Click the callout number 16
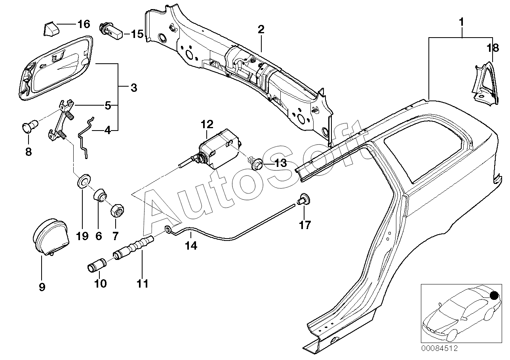pyautogui.click(x=84, y=24)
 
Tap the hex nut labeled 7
pyautogui.click(x=117, y=210)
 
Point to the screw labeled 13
pyautogui.click(x=256, y=163)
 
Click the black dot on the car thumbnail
pyautogui.click(x=495, y=296)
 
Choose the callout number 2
pyautogui.click(x=261, y=29)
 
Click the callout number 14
pyautogui.click(x=191, y=245)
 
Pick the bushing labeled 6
pyautogui.click(x=101, y=196)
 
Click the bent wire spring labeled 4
pyautogui.click(x=86, y=138)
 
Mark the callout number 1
pyautogui.click(x=462, y=23)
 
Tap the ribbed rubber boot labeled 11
pyautogui.click(x=133, y=247)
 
